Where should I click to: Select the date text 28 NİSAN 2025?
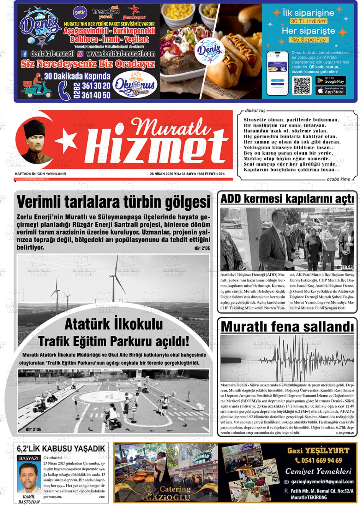pyautogui.click(x=164, y=174)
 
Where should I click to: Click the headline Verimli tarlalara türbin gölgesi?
pyautogui.click(x=113, y=202)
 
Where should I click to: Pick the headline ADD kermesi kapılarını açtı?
pyautogui.click(x=287, y=199)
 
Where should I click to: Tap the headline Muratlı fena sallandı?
pyautogui.click(x=287, y=326)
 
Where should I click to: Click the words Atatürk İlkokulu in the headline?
pyautogui.click(x=113, y=324)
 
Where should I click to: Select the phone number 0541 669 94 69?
pyautogui.click(x=319, y=460)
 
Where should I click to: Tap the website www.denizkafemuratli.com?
pyautogui.click(x=121, y=54)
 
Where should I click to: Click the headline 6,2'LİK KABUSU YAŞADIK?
pyautogui.click(x=61, y=448)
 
